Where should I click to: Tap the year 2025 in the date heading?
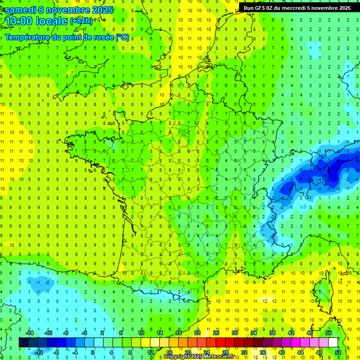[x=99, y=9]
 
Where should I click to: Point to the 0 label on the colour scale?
[x=92, y=352]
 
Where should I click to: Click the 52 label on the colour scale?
[x=337, y=352]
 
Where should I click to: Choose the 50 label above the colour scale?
[x=328, y=333]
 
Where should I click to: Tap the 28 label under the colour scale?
[x=225, y=352]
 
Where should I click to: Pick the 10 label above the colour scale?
[x=141, y=333]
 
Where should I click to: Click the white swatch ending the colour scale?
[x=333, y=343]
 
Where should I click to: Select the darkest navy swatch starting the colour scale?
[x=23, y=343]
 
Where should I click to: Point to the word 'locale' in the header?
[x=50, y=21]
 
